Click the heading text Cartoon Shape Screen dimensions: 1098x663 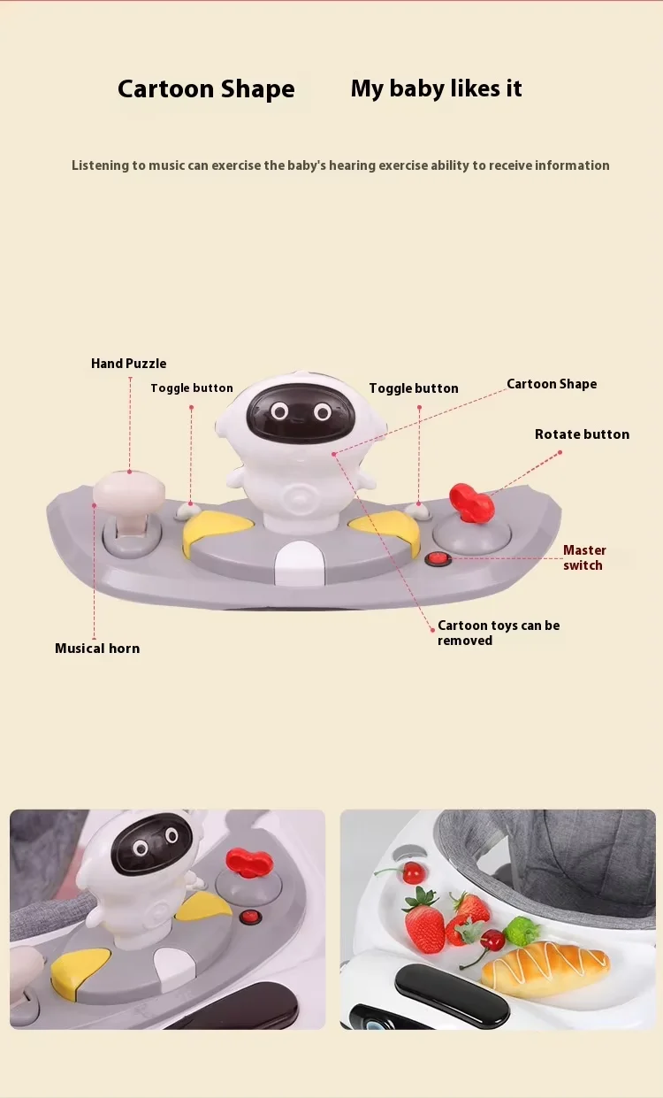point(206,89)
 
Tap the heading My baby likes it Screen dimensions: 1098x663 point(436,88)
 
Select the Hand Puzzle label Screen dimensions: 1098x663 point(128,364)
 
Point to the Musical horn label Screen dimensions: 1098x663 point(97,649)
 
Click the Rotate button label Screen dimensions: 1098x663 point(582,434)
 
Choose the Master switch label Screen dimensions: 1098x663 point(583,557)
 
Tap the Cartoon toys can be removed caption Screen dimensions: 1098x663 point(498,633)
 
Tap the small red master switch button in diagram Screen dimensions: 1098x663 point(437,559)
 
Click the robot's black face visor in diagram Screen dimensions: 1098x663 point(301,412)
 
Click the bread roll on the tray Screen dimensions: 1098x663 point(545,965)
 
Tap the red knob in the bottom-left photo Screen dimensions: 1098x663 point(249,861)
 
